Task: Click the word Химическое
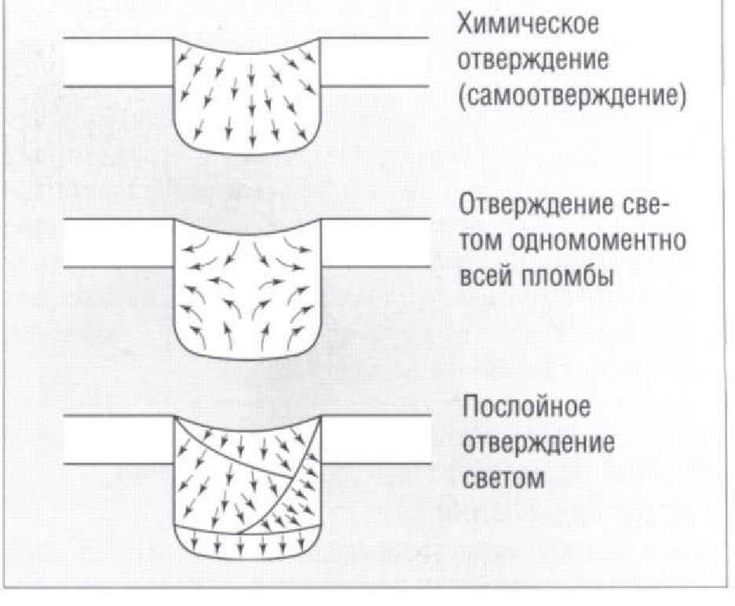click(x=528, y=24)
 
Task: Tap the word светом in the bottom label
click(x=503, y=478)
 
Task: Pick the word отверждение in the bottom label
click(x=537, y=444)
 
